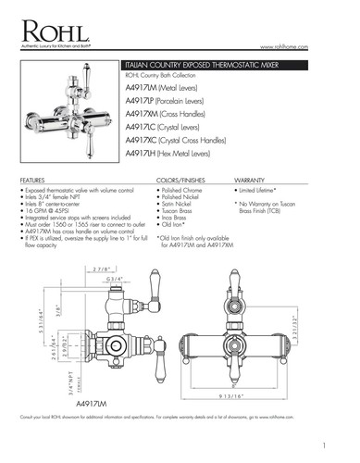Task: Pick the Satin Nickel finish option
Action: pos(181,209)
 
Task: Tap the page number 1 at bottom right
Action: pos(340,444)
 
